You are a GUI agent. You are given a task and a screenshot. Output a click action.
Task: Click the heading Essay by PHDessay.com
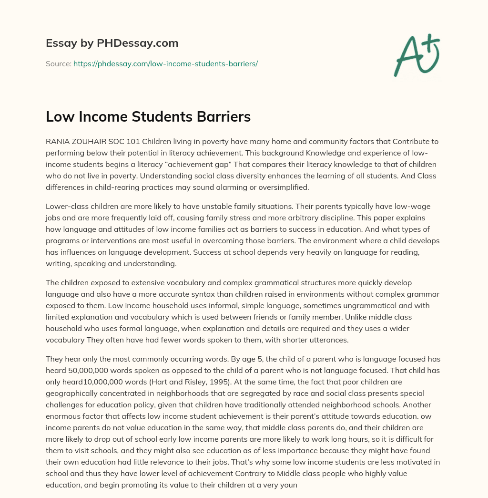pos(112,43)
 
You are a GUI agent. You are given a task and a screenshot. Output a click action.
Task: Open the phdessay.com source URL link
pos(165,63)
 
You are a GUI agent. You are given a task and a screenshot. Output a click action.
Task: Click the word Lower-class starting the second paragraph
pos(66,207)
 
